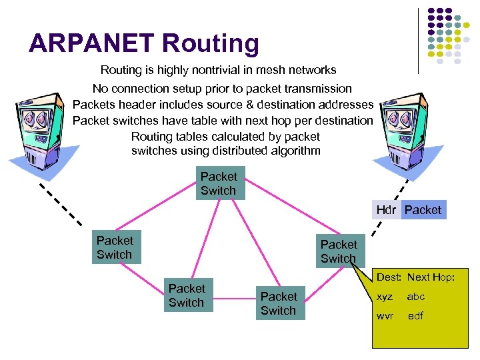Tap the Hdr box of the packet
pyautogui.click(x=386, y=210)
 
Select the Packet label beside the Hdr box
pyautogui.click(x=423, y=210)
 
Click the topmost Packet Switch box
pyautogui.click(x=219, y=183)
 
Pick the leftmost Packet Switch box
pyautogui.click(x=115, y=247)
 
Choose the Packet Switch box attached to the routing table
pyautogui.click(x=339, y=251)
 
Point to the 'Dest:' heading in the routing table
pyautogui.click(x=388, y=277)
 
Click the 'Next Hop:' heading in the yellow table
pyautogui.click(x=431, y=277)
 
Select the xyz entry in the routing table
pyautogui.click(x=385, y=297)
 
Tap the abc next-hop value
pyautogui.click(x=416, y=297)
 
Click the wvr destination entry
pyautogui.click(x=385, y=315)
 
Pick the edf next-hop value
pyautogui.click(x=415, y=315)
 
